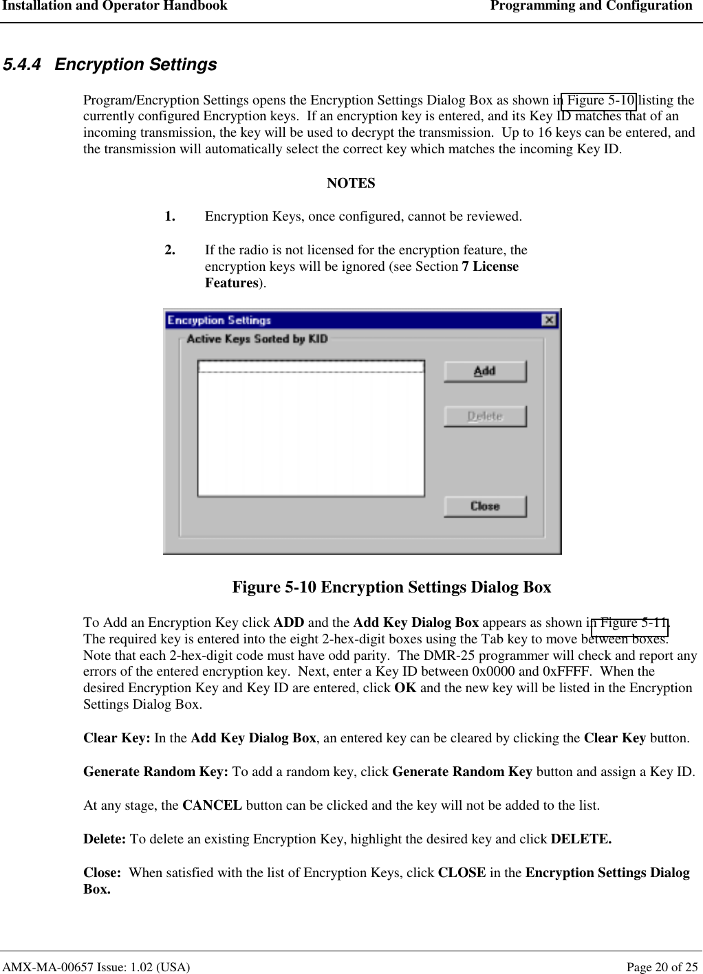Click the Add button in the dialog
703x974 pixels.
pos(485,371)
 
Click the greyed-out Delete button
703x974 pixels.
pos(485,417)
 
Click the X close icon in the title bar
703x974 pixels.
pos(548,320)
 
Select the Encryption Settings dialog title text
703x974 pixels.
pos(219,320)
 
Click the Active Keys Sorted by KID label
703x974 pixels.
pos(257,339)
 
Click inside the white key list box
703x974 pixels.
pos(310,433)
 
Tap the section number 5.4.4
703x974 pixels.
pos(22,65)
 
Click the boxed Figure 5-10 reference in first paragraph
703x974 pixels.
pos(599,100)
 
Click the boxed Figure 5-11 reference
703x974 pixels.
pos(630,623)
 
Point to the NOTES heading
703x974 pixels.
pos(351,184)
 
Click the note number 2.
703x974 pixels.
pos(170,250)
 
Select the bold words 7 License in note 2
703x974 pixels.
pos(490,267)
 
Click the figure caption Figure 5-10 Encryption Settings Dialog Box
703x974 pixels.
pos(391,587)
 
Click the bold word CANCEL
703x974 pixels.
pos(212,806)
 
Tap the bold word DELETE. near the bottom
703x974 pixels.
pos(581,839)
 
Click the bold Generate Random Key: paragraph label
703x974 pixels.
pos(155,772)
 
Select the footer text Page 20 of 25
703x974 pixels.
pos(662,967)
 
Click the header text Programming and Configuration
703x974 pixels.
pos(591,6)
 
